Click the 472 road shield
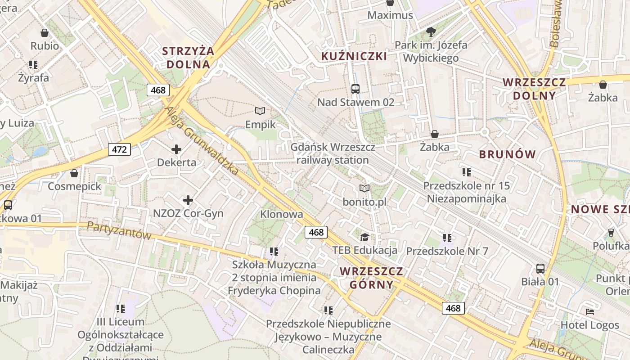(119, 149)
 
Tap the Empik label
(260, 124)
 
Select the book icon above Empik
(260, 111)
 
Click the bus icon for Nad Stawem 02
(355, 89)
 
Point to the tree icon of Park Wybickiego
(431, 31)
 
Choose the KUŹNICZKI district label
(354, 56)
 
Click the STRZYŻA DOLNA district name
(188, 58)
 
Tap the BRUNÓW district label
(508, 154)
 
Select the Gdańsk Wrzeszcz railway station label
(333, 153)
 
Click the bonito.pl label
(364, 202)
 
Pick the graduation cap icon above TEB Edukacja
(364, 237)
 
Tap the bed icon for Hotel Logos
(590, 311)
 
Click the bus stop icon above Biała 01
(540, 269)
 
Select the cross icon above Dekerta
(176, 149)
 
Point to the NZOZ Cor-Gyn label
(188, 213)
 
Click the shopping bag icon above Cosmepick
(74, 173)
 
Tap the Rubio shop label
(45, 46)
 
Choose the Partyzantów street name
(119, 230)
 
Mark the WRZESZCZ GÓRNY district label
(371, 278)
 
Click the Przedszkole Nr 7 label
(447, 251)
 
